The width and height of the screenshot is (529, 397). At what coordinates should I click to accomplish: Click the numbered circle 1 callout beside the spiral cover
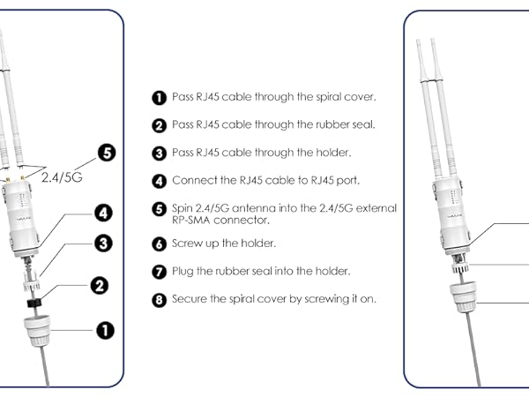click(105, 330)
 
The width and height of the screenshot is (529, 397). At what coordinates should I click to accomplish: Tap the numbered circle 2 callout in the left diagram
click(100, 285)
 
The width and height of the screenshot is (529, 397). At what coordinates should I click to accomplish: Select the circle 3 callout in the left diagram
click(104, 242)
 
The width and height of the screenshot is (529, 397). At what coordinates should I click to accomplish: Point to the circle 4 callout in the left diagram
click(104, 213)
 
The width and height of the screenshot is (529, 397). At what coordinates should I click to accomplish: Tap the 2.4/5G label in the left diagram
click(63, 176)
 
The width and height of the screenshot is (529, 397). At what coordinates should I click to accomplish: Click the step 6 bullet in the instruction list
click(160, 243)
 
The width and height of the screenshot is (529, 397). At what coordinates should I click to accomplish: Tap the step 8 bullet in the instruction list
click(160, 299)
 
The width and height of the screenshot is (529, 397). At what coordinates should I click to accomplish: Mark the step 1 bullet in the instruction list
click(160, 96)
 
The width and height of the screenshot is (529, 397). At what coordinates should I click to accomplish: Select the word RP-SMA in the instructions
click(193, 220)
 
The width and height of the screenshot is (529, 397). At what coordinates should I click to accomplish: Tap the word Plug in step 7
click(183, 270)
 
